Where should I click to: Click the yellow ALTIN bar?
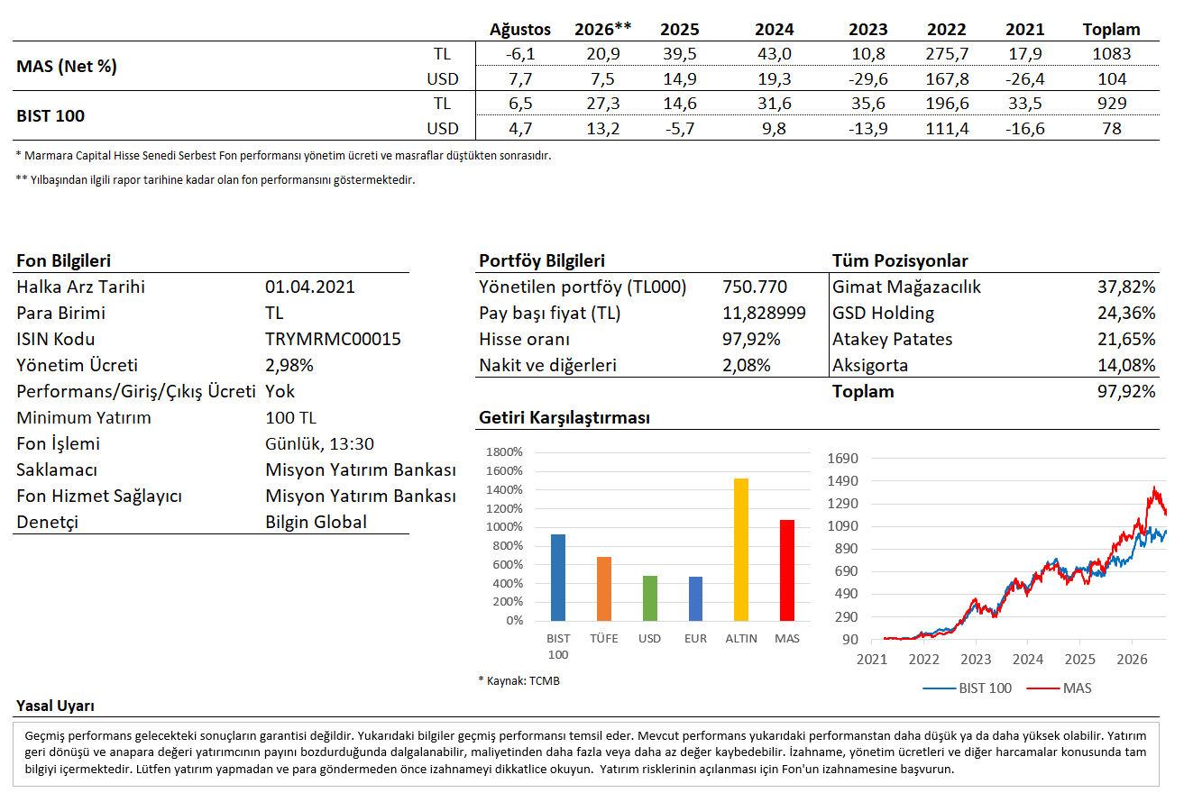[x=741, y=550]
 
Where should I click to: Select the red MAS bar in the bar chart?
[x=786, y=570]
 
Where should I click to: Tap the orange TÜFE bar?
[x=604, y=589]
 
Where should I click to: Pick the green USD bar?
[x=650, y=598]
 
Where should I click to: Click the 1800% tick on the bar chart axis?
[x=504, y=451]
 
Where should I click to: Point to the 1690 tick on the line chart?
[x=842, y=458]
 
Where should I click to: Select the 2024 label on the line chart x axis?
[x=1027, y=660]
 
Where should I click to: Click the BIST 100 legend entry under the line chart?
[x=968, y=688]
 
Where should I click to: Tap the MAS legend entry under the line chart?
[x=1059, y=688]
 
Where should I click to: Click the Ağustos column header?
[x=519, y=29]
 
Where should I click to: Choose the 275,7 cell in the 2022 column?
[x=947, y=54]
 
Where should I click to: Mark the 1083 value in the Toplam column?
[x=1112, y=54]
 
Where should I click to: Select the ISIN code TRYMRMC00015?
[x=333, y=339]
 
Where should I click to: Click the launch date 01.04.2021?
[x=310, y=287]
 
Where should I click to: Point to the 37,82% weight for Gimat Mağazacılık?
[x=1126, y=287]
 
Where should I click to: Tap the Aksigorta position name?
[x=870, y=365]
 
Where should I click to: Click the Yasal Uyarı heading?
[x=55, y=706]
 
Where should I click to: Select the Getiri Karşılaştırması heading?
[x=564, y=418]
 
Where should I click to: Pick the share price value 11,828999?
[x=764, y=313]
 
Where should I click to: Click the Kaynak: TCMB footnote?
[x=519, y=680]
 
